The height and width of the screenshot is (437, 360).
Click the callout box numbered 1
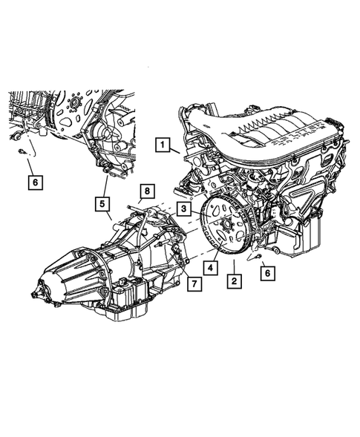point(160,146)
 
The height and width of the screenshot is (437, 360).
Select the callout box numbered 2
point(234,281)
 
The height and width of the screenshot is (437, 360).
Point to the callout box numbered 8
point(147,191)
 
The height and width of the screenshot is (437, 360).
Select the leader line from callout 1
point(175,150)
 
